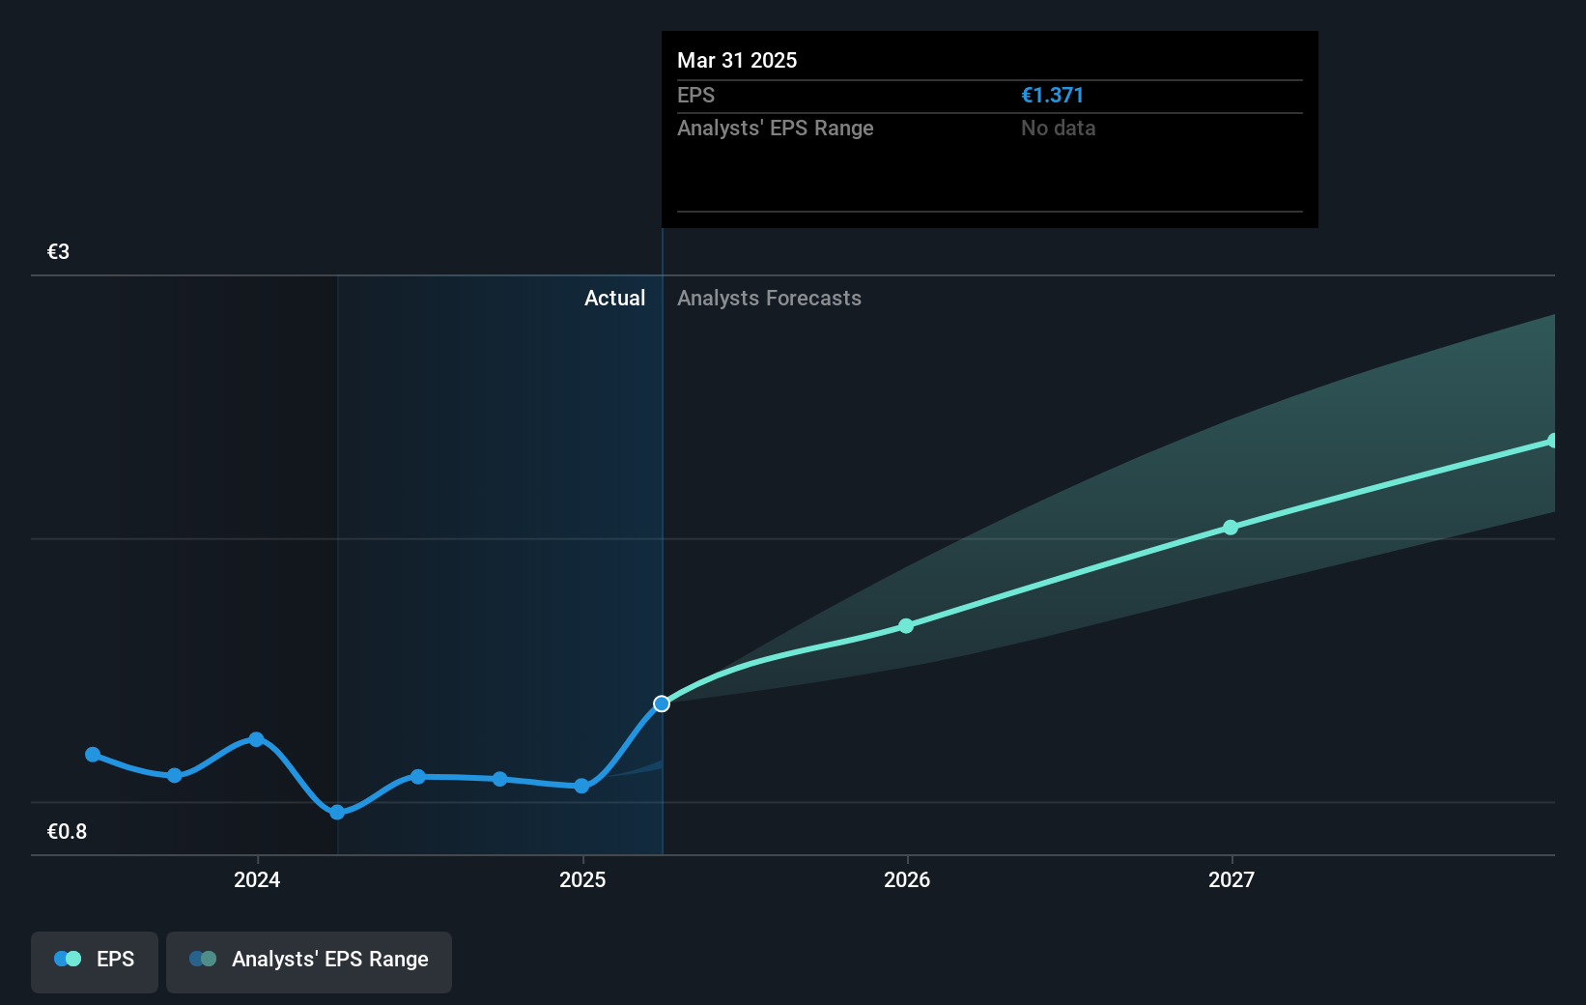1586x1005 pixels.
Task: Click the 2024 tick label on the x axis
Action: click(x=257, y=879)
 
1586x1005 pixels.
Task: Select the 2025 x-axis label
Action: click(x=582, y=879)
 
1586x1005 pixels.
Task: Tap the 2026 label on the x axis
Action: click(x=907, y=879)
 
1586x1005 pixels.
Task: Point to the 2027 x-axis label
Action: click(x=1232, y=879)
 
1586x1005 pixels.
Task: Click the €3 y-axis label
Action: click(x=58, y=252)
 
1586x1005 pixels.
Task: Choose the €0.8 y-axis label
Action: click(x=67, y=832)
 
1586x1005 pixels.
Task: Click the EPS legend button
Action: click(x=95, y=960)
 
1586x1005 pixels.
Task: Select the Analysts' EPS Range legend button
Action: click(x=309, y=960)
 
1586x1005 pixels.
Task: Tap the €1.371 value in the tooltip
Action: click(x=1052, y=96)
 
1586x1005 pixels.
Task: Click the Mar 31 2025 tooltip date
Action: click(x=737, y=61)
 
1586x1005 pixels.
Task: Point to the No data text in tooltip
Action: click(x=1058, y=129)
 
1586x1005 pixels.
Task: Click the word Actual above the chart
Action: click(x=614, y=299)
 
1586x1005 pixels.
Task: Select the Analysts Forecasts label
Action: click(x=769, y=299)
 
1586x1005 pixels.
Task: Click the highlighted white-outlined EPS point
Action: click(x=662, y=703)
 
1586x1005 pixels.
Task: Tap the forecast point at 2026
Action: click(x=906, y=626)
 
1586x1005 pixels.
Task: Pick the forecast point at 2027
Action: click(x=1231, y=528)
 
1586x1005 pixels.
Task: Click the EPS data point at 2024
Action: click(x=256, y=739)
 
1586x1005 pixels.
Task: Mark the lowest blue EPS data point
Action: click(x=337, y=813)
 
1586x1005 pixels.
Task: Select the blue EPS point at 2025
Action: click(x=581, y=786)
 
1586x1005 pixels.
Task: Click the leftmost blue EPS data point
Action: click(x=93, y=755)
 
